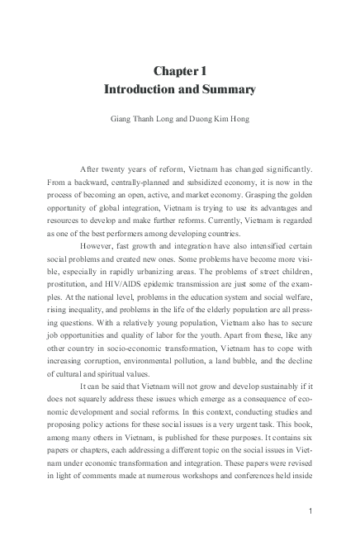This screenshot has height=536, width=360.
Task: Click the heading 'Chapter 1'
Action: (x=180, y=72)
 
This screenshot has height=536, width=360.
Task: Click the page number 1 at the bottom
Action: (x=310, y=511)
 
